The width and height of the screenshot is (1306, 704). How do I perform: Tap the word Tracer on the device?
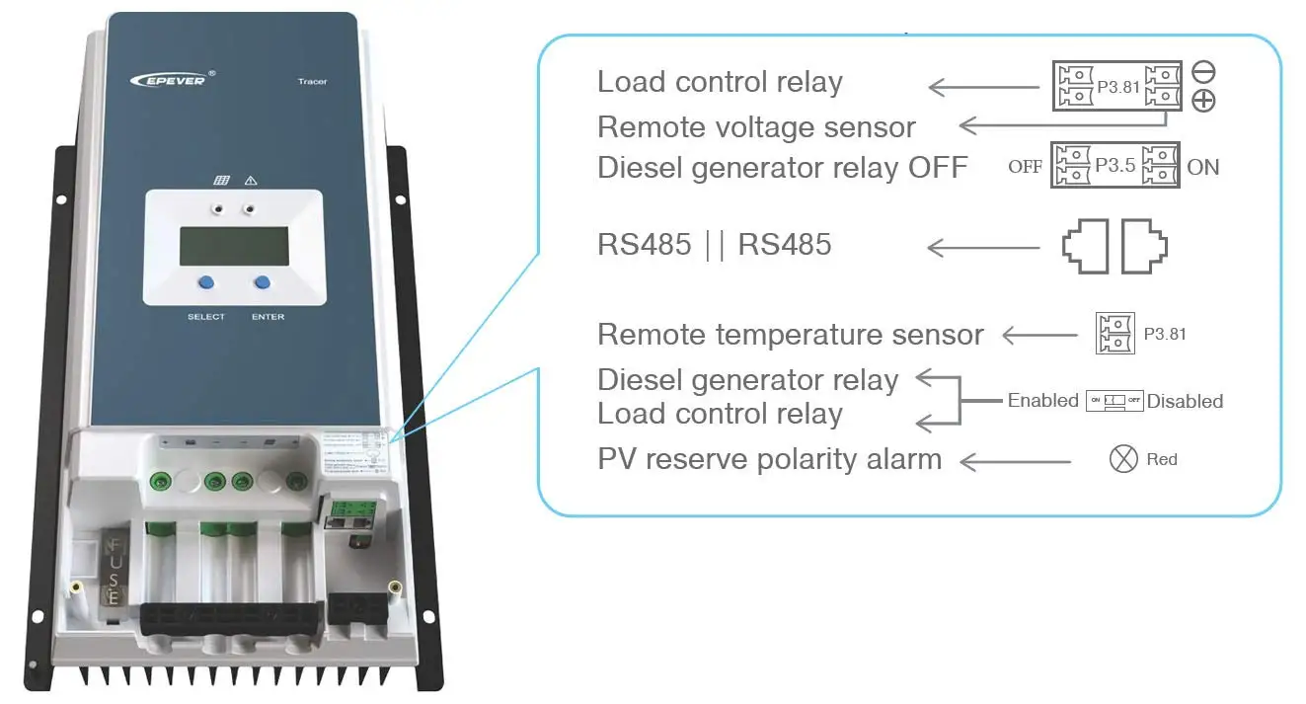point(312,82)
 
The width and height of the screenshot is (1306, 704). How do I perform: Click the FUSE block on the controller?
point(115,573)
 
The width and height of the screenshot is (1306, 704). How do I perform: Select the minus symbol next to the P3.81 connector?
point(1203,71)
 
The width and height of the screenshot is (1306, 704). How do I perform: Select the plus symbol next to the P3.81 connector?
point(1203,100)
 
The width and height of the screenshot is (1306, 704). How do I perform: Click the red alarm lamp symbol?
point(1123,459)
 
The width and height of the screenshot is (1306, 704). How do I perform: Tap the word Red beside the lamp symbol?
point(1162,459)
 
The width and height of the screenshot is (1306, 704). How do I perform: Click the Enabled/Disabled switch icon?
point(1114,401)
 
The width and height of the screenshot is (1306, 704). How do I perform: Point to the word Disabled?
point(1185,401)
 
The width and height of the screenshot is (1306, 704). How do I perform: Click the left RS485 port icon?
point(1087,246)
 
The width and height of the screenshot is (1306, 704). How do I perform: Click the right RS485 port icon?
point(1143,246)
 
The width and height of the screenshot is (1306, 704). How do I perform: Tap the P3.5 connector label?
point(1114,166)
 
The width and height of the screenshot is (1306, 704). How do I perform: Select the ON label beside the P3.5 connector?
point(1202,167)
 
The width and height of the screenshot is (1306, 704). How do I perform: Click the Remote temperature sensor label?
point(790,335)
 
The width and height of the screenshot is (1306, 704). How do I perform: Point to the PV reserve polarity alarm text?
point(769,459)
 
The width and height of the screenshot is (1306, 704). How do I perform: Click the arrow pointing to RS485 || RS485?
point(983,247)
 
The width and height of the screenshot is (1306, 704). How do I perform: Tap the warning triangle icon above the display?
point(251,181)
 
